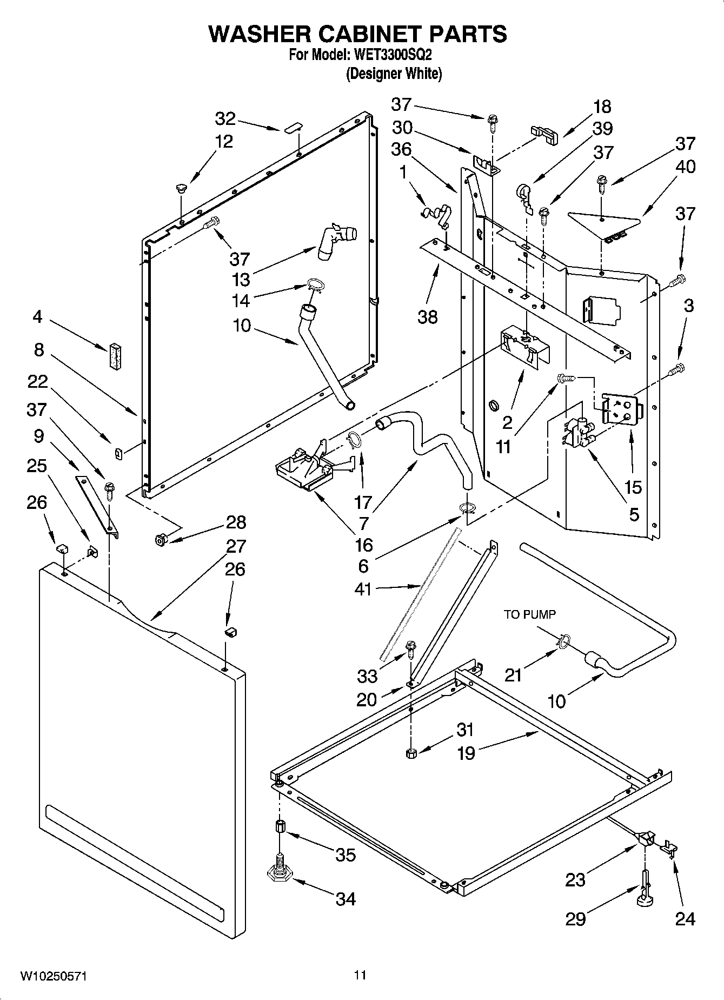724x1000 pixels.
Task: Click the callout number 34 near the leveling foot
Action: (x=346, y=898)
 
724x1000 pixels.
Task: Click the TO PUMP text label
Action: (x=529, y=614)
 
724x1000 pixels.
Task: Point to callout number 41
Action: (x=363, y=588)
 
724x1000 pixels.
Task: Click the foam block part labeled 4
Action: (x=115, y=357)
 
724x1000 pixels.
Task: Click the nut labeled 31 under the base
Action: (x=411, y=753)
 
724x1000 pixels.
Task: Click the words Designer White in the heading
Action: (x=394, y=74)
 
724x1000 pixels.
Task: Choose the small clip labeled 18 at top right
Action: (x=545, y=134)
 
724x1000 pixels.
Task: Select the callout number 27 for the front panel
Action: (x=236, y=546)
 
